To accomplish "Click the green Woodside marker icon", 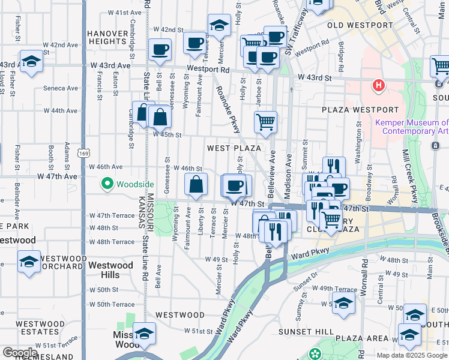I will pos(108,183).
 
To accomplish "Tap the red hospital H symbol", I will pos(378,86).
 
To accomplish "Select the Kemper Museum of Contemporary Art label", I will pos(412,127).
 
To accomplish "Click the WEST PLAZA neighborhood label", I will pos(234,148).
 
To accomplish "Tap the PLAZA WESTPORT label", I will pos(360,110).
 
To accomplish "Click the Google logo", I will pos(20,352).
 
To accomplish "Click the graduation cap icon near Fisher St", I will pos(31,61).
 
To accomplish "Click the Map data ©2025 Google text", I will pos(412,355).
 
